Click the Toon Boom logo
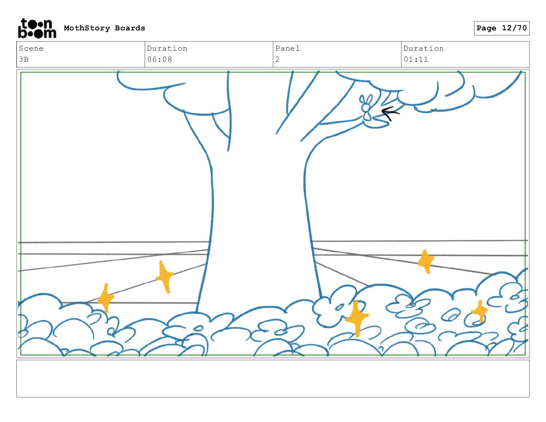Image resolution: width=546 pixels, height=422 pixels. point(37,28)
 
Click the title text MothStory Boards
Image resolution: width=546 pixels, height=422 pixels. point(104,28)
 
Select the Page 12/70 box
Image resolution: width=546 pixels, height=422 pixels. point(502,28)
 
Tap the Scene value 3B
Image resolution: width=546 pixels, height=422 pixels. point(24,59)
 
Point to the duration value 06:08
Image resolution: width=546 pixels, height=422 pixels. point(160,59)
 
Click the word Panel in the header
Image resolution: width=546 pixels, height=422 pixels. point(287,49)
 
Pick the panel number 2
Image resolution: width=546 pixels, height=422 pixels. point(277,59)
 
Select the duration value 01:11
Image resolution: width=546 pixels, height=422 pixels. point(416,59)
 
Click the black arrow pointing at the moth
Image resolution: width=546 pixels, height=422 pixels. point(390,113)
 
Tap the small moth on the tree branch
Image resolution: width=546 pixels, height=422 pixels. point(366,108)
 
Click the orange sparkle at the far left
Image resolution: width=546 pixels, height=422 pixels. point(105,298)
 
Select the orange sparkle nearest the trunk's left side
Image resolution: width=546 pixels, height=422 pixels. point(164,277)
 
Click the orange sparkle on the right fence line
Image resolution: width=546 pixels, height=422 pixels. point(426,261)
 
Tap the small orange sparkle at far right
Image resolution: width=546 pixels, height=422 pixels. point(479,311)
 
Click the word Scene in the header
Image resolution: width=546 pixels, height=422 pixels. point(31,49)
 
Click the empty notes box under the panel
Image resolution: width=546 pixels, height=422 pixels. point(273,379)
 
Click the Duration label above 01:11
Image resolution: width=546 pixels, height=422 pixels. point(424,49)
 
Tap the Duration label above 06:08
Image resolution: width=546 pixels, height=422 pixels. point(167,49)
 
